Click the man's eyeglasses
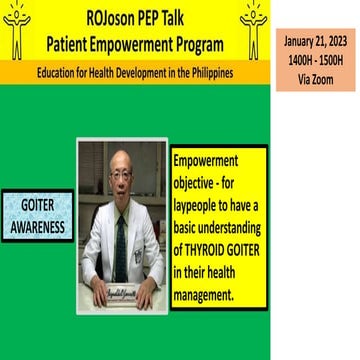coord(121,182)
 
